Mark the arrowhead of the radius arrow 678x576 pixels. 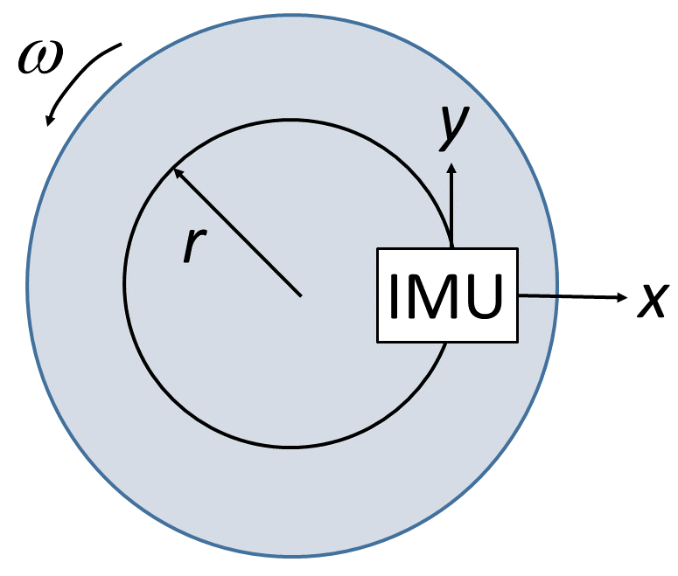click(176, 171)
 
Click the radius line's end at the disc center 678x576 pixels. click(301, 295)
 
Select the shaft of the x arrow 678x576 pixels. click(569, 297)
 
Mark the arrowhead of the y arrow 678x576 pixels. click(451, 168)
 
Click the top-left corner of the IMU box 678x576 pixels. click(377, 249)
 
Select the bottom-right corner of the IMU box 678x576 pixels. click(518, 342)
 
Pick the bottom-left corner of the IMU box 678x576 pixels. click(377, 342)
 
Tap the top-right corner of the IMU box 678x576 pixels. click(518, 249)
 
